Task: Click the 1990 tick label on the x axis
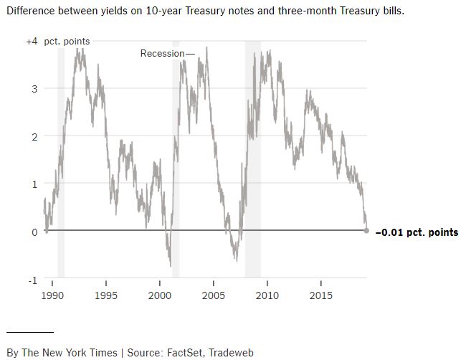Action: tap(52, 295)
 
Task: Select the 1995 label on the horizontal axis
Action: tap(106, 295)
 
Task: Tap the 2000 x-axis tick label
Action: tap(160, 295)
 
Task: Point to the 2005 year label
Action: tap(214, 295)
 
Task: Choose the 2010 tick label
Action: tap(267, 295)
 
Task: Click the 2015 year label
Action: tap(320, 295)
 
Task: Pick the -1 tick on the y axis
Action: tap(32, 280)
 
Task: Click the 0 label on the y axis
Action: tap(34, 232)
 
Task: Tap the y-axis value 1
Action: tap(34, 184)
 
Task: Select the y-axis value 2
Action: tap(34, 136)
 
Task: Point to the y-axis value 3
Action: tap(34, 89)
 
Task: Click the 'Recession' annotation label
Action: tap(163, 53)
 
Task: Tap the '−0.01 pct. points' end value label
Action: tap(417, 232)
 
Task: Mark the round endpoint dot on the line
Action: tap(367, 231)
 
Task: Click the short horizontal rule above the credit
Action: tap(30, 332)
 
